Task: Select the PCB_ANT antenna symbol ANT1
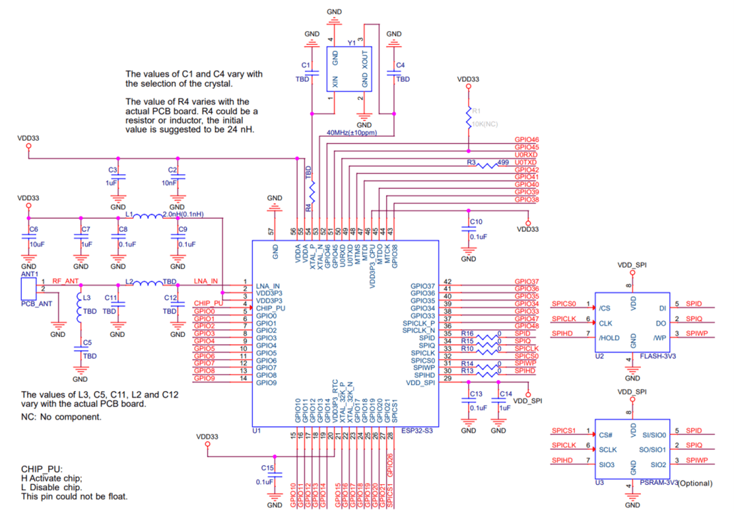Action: click(x=28, y=287)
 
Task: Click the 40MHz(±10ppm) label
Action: click(x=351, y=133)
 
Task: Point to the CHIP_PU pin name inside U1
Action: click(x=270, y=308)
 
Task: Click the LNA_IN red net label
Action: click(x=205, y=281)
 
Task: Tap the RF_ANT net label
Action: click(x=66, y=280)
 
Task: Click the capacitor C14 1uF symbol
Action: click(x=499, y=400)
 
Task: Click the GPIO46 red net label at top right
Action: click(x=527, y=139)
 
